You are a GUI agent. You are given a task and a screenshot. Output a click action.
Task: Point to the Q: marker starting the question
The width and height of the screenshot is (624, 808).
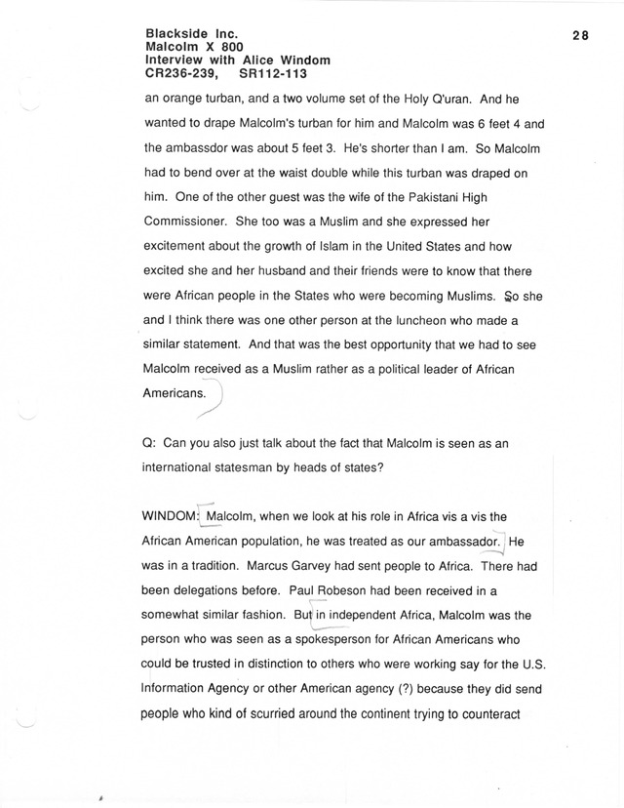click(x=150, y=444)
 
